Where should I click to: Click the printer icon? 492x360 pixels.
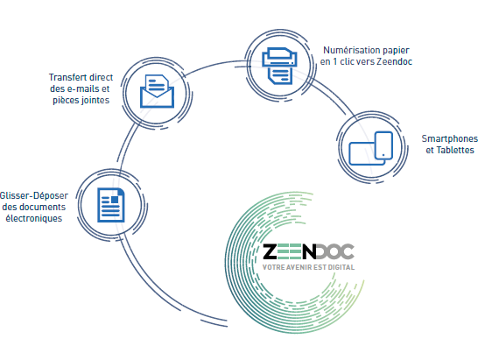tap(279, 66)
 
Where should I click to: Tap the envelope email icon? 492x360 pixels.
tap(157, 91)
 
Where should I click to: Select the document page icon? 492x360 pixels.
tap(111, 205)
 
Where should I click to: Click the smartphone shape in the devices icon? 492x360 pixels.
tap(383, 145)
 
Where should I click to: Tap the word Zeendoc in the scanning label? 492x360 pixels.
tap(395, 61)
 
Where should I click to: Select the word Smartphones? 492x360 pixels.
tap(450, 138)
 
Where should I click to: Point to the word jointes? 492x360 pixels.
tap(95, 101)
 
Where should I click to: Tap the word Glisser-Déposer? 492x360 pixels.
tap(34, 196)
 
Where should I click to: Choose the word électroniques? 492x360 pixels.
tap(34, 218)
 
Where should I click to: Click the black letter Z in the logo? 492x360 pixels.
tap(271, 251)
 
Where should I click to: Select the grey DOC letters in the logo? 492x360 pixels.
tap(335, 251)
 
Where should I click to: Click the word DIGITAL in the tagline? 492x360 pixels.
tap(341, 267)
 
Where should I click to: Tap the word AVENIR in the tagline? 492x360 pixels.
tap(297, 267)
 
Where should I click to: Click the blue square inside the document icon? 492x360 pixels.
tap(115, 200)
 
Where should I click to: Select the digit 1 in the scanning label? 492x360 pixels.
tap(334, 62)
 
